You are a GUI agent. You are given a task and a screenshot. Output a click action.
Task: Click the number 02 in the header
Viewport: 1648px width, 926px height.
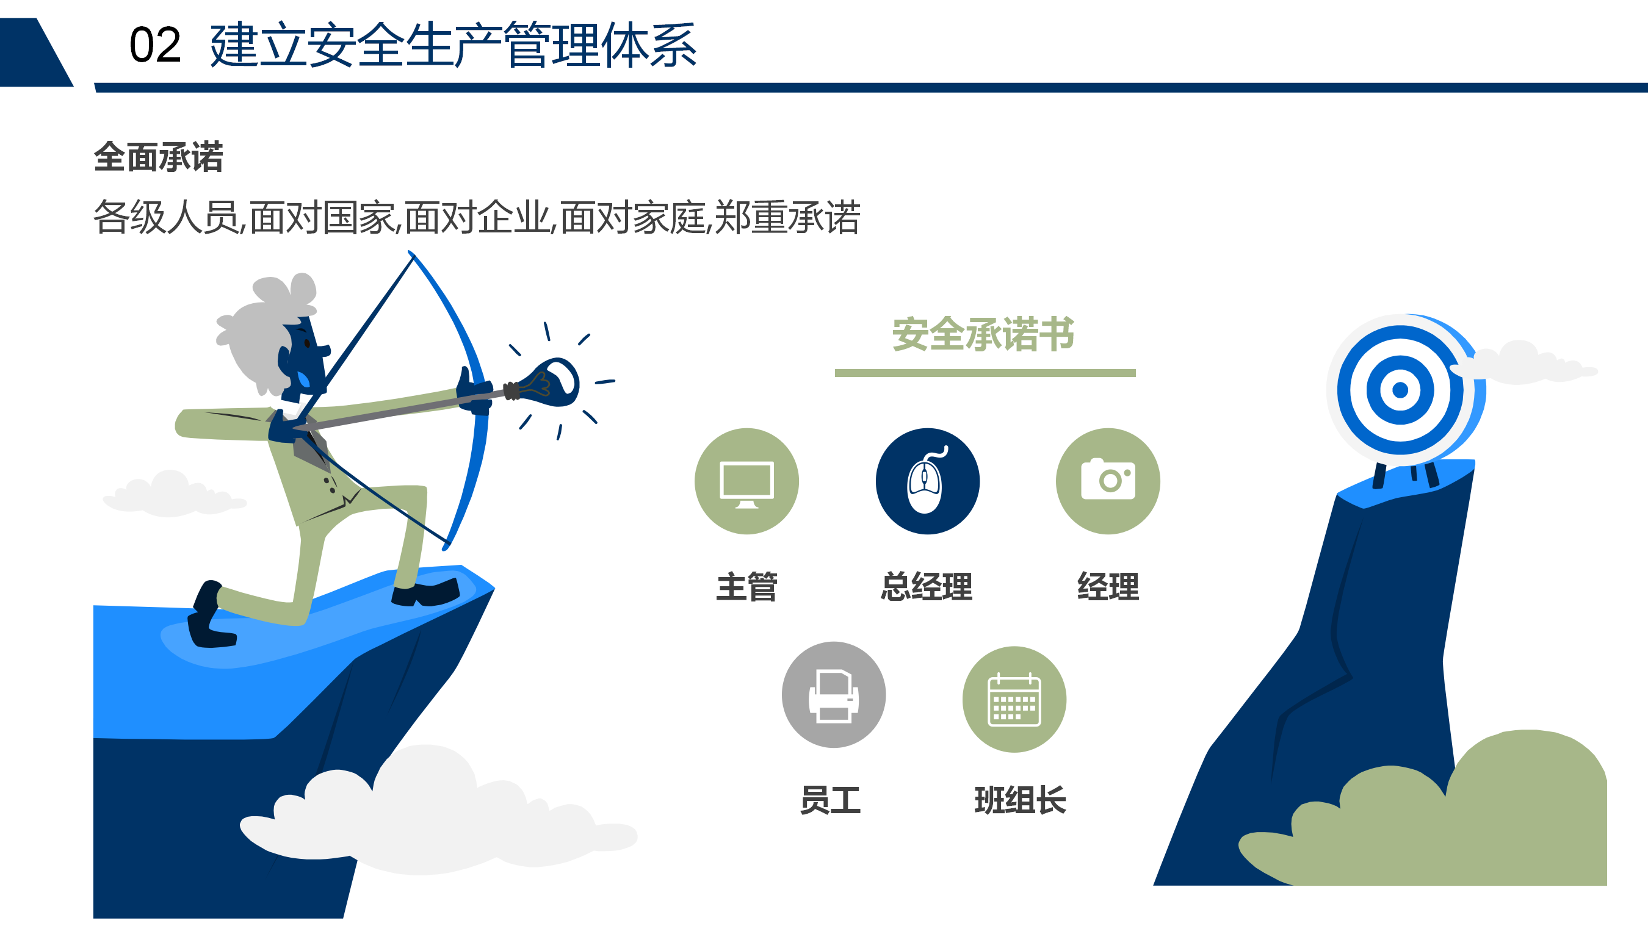pos(155,45)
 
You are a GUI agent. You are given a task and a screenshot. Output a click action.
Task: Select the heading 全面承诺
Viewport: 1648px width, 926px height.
pos(159,157)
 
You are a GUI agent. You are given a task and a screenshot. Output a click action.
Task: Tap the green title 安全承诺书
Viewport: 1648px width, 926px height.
pos(983,334)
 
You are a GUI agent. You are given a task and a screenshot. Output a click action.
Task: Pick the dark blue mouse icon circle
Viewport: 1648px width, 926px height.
pos(928,481)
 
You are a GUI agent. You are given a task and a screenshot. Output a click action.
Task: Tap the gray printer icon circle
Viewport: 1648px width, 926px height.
pos(834,694)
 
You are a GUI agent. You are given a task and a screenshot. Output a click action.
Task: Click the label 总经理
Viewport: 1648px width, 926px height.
pos(927,586)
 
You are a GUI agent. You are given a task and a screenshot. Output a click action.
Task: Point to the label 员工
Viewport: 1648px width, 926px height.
pos(830,800)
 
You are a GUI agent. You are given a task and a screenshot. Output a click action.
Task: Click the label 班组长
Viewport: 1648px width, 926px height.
pos(1021,800)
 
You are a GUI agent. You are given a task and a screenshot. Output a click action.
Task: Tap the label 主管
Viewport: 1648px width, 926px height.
pos(746,586)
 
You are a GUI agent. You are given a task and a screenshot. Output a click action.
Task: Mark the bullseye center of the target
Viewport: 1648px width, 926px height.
pos(1400,389)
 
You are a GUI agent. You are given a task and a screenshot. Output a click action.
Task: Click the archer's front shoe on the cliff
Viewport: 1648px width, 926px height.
pos(425,592)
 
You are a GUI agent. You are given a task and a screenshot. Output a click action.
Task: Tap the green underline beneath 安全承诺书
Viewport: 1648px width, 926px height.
pos(985,373)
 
